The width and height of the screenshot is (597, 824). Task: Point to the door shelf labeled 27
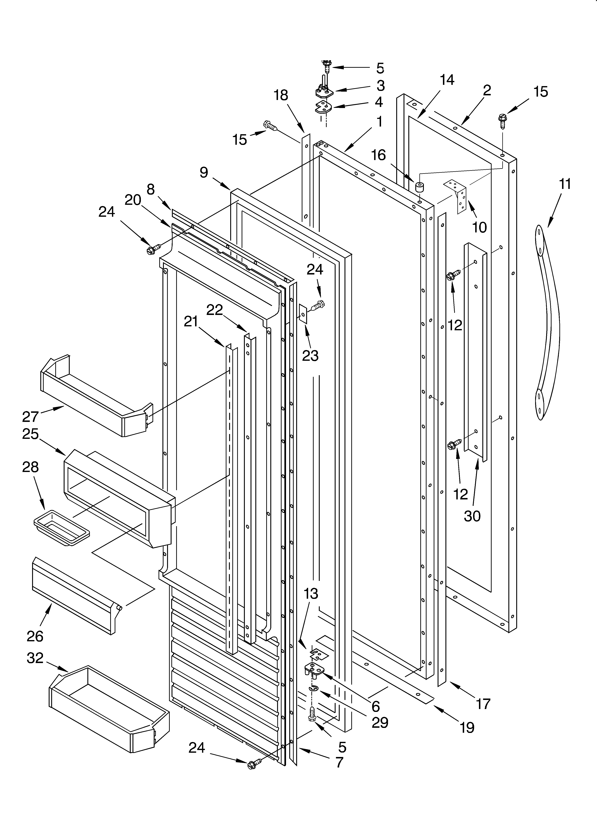[96, 396]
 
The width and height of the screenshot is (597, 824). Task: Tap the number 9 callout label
[204, 172]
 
